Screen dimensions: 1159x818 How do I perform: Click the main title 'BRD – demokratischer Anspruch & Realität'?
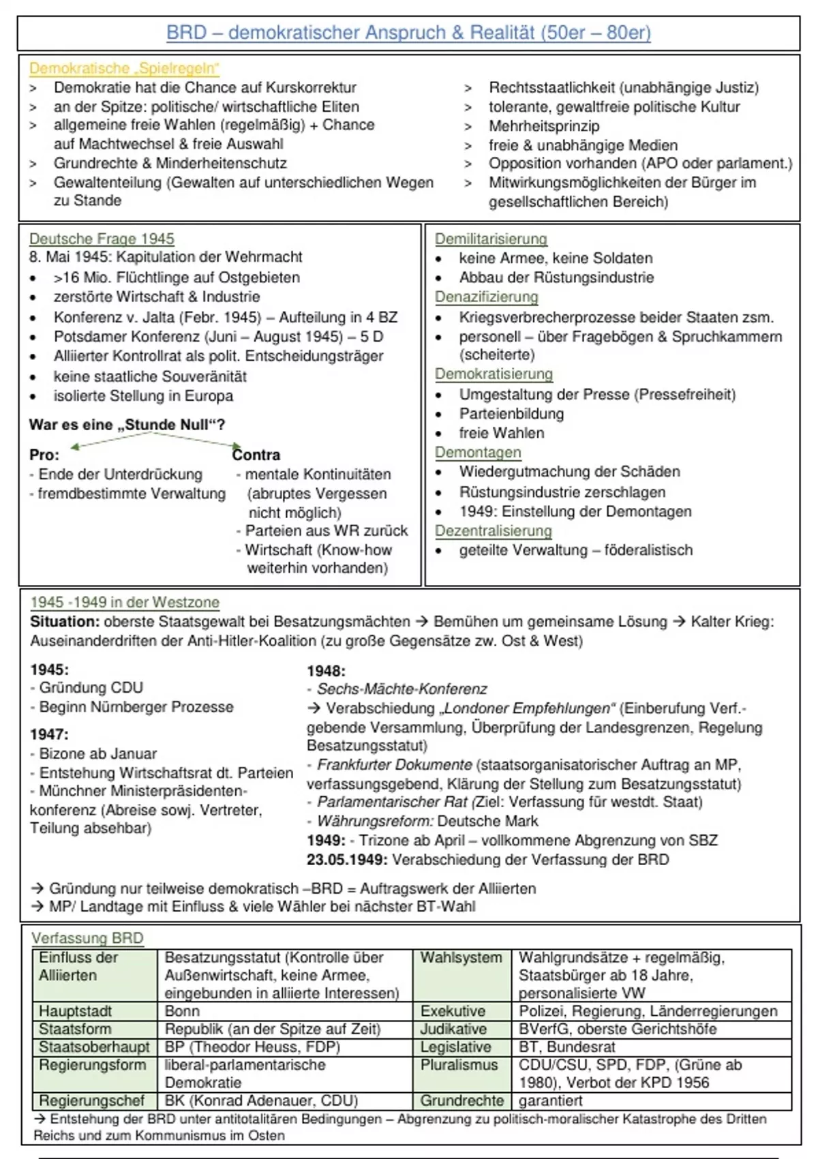pos(408,33)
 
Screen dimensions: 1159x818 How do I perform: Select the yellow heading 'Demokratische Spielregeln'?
pos(124,68)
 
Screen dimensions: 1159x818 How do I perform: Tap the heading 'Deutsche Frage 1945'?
pos(102,239)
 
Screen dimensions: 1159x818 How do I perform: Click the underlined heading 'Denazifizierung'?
pos(486,297)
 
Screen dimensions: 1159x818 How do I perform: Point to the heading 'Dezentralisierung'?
pos(493,530)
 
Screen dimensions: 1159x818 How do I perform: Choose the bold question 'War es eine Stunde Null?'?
pos(127,425)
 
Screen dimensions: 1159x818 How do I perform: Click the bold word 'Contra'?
pos(256,455)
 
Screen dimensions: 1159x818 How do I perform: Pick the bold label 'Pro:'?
pos(44,455)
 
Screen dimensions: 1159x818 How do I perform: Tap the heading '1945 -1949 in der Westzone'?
pos(125,602)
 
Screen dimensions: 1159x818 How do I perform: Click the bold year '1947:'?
pos(49,734)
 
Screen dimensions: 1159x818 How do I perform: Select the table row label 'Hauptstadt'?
pos(75,1011)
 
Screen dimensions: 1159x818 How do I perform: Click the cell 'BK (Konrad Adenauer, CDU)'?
pos(261,1101)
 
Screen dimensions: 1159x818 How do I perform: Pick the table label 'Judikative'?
pos(453,1029)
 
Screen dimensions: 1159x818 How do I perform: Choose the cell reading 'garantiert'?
pos(550,1101)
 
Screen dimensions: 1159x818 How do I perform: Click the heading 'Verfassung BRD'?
pos(87,938)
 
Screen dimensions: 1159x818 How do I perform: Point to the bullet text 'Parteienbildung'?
pos(511,414)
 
